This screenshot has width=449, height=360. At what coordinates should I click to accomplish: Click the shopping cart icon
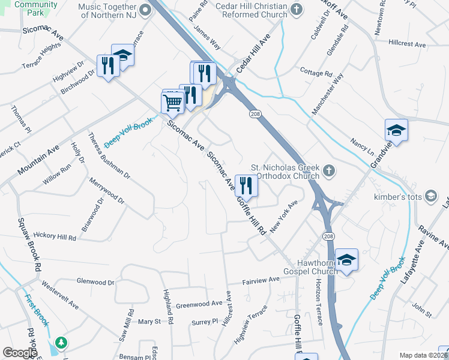(172, 102)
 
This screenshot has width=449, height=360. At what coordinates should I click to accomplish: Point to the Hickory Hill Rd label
(56, 236)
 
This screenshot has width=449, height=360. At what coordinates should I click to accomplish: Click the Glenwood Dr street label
(95, 281)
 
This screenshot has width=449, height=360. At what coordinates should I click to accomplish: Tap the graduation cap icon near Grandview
(396, 130)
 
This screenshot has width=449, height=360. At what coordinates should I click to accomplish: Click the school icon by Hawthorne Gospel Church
(346, 260)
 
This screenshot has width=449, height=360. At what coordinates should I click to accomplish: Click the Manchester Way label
(328, 94)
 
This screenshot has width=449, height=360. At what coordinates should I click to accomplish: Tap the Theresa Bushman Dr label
(109, 156)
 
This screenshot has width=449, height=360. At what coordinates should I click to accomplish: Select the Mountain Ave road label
(38, 160)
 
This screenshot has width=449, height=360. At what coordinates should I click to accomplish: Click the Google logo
(20, 353)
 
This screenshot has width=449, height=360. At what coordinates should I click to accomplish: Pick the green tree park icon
(61, 343)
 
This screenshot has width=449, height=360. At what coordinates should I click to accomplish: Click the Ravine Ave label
(435, 236)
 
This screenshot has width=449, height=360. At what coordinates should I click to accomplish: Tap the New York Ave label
(283, 217)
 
